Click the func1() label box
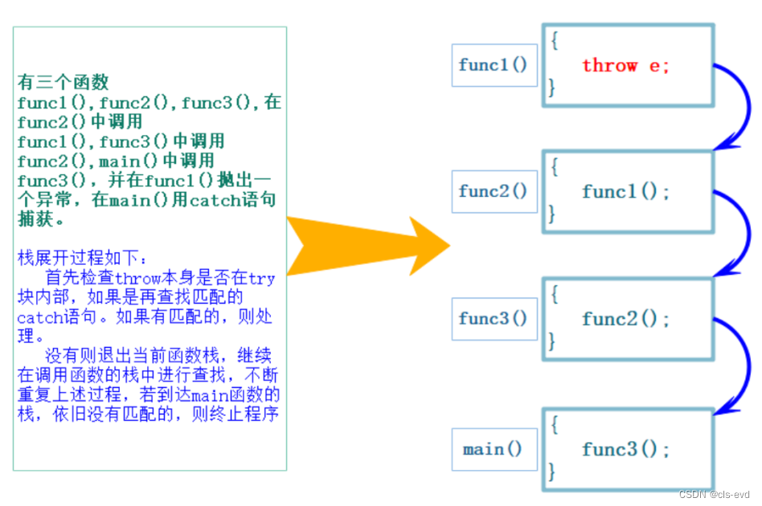tap(494, 65)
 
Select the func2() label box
tap(494, 191)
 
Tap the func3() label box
tap(494, 319)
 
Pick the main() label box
tap(494, 449)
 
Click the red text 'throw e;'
tap(625, 65)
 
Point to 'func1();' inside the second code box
tap(625, 191)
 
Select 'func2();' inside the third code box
tap(625, 319)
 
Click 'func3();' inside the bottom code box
tap(625, 449)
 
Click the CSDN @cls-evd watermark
tap(714, 494)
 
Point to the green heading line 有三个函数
tap(63, 82)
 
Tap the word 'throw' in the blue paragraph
tap(138, 278)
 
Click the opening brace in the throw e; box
tap(555, 40)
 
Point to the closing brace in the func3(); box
tap(551, 471)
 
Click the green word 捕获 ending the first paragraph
tap(35, 219)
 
